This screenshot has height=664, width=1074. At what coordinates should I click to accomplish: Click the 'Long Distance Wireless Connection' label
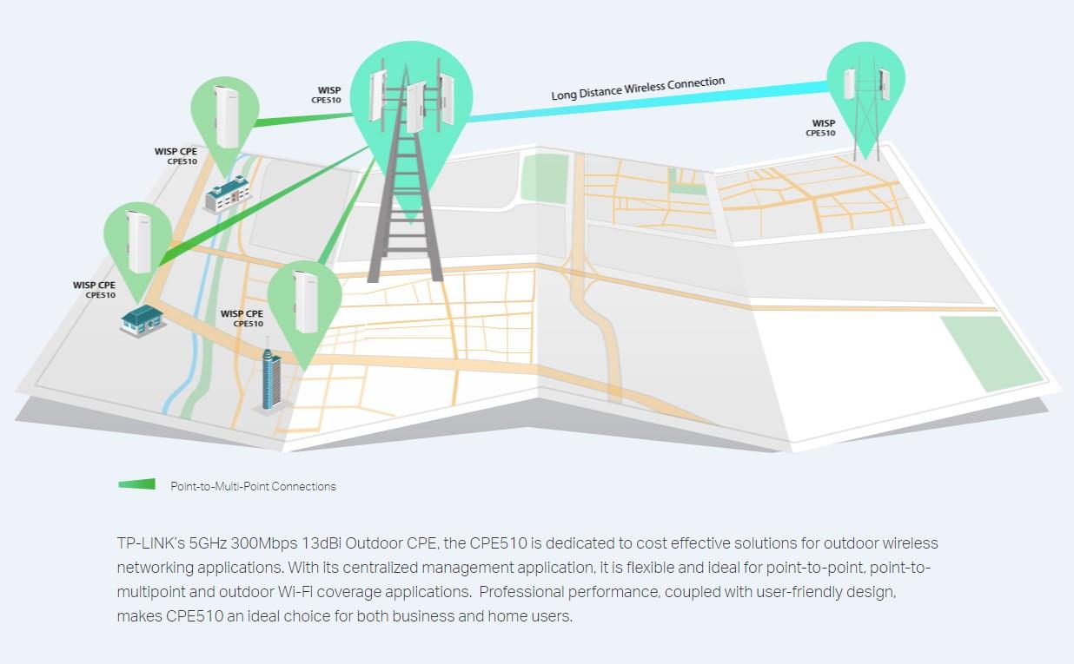638,88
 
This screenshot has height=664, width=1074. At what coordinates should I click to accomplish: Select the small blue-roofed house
142,319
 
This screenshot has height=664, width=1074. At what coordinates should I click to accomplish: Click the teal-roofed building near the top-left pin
227,194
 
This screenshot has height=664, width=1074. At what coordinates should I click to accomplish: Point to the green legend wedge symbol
137,484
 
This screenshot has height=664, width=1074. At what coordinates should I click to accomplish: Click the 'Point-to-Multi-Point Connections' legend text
253,486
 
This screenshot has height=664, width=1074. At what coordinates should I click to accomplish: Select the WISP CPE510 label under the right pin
821,128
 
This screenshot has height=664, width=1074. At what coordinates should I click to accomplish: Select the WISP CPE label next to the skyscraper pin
242,319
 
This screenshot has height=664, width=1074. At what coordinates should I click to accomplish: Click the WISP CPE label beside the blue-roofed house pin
95,290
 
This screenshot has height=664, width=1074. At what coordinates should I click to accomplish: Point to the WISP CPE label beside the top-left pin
176,156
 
